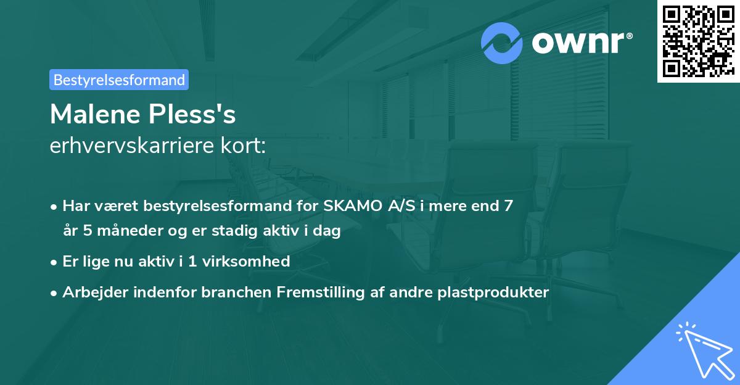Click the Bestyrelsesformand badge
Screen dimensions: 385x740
(x=119, y=80)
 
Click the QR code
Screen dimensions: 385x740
(x=698, y=41)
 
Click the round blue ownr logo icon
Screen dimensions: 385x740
(x=502, y=43)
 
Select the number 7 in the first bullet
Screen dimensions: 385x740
(x=508, y=206)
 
